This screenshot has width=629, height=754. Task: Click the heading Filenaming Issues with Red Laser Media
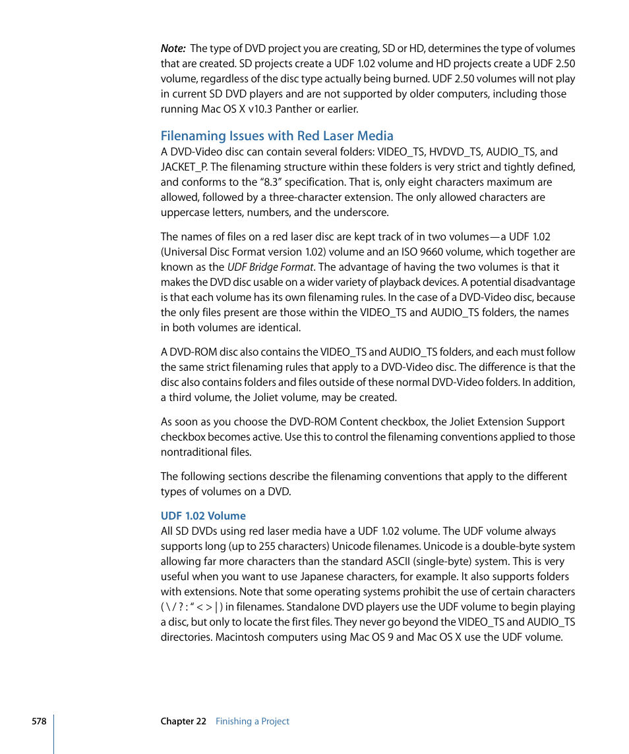(x=277, y=136)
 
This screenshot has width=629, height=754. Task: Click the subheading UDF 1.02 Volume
(x=203, y=516)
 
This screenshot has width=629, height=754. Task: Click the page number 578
(x=39, y=721)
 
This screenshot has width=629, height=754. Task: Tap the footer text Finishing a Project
(x=253, y=721)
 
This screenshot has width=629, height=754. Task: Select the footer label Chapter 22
(x=183, y=721)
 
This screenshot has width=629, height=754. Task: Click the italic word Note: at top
(x=173, y=49)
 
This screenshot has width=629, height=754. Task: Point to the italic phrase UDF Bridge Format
(x=270, y=267)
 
